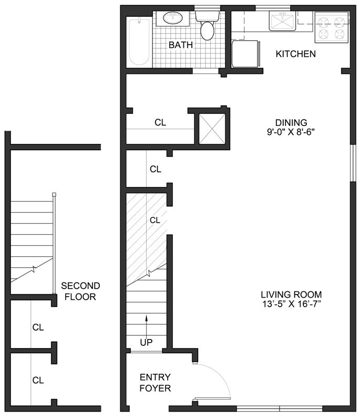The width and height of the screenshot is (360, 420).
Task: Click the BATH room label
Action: click(x=180, y=45)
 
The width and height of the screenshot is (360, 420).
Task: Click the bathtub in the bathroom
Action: click(x=139, y=41)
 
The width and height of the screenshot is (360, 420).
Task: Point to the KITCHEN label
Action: click(x=295, y=54)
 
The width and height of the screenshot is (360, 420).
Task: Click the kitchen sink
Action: click(x=283, y=22)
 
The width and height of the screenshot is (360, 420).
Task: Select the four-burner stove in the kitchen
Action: click(x=331, y=27)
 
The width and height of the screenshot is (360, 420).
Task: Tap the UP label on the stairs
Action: click(x=146, y=342)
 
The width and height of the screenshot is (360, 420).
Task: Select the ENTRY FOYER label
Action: click(x=155, y=383)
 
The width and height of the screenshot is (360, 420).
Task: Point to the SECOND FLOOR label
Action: click(x=80, y=291)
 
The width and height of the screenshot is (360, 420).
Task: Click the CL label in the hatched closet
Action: click(x=155, y=220)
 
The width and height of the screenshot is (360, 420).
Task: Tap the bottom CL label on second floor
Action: click(x=38, y=380)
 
